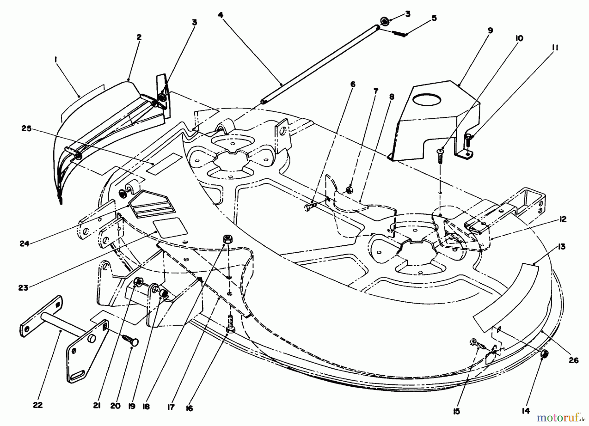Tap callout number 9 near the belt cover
point(490,30)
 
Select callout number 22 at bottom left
point(38,405)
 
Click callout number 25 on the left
point(27,129)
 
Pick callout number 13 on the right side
point(562,247)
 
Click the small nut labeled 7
point(348,189)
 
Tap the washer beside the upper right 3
point(385,22)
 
